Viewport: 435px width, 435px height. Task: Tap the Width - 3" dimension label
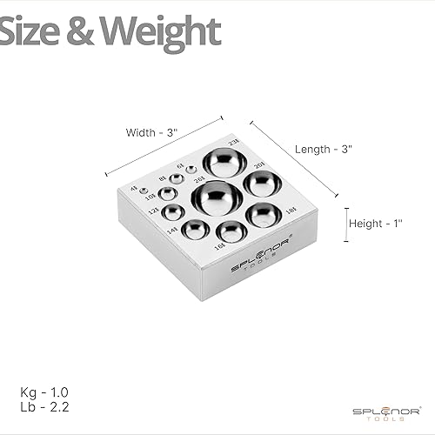(x=151, y=133)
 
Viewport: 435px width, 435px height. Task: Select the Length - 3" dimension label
(x=324, y=149)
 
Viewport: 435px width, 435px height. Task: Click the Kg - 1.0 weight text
(x=43, y=390)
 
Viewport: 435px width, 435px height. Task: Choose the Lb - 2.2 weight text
(x=42, y=406)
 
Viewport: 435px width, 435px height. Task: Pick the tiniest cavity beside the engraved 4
(x=144, y=191)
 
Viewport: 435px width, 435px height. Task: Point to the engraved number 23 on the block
(x=232, y=142)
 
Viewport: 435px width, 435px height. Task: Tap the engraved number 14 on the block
(x=171, y=229)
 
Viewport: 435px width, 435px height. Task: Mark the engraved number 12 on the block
(x=152, y=211)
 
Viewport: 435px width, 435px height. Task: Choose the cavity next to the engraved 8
(x=177, y=179)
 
